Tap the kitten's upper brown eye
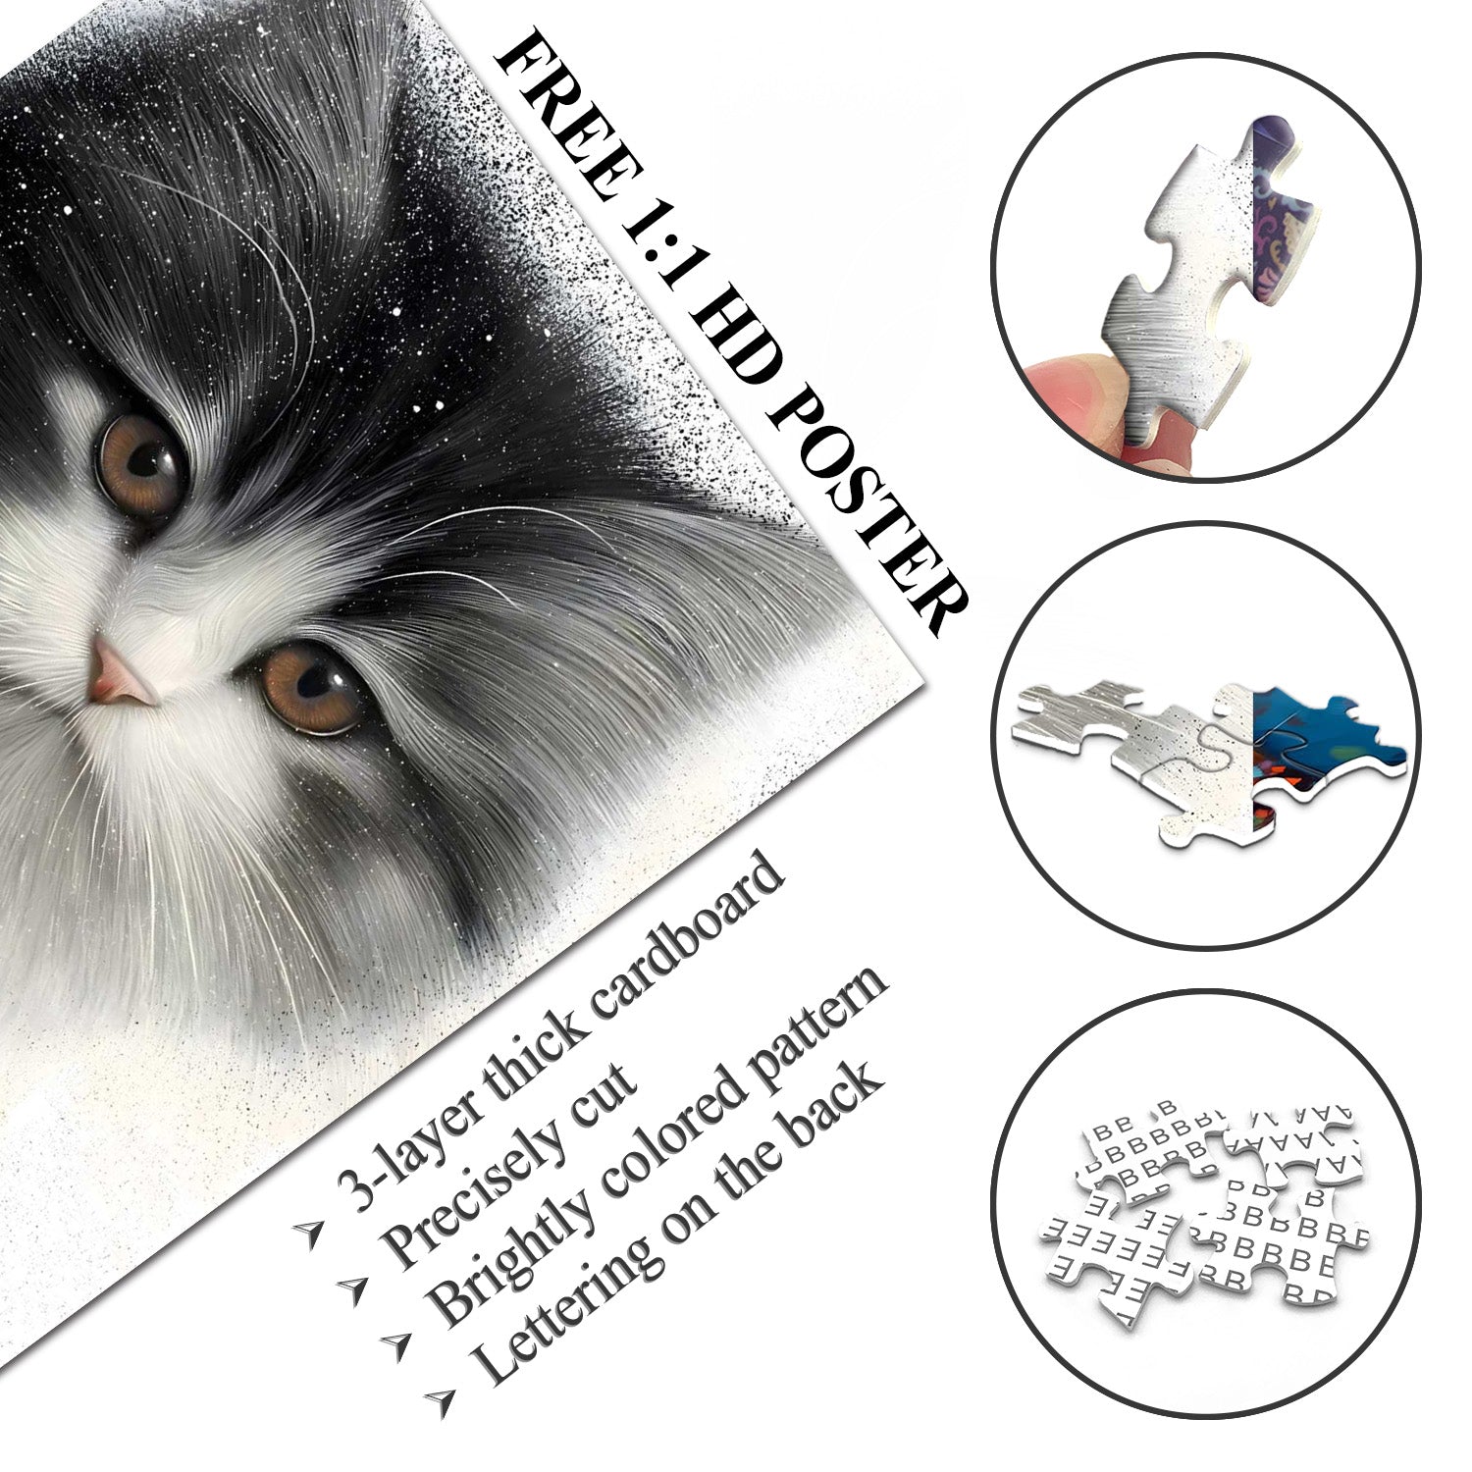(142, 461)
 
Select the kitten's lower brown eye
(309, 687)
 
